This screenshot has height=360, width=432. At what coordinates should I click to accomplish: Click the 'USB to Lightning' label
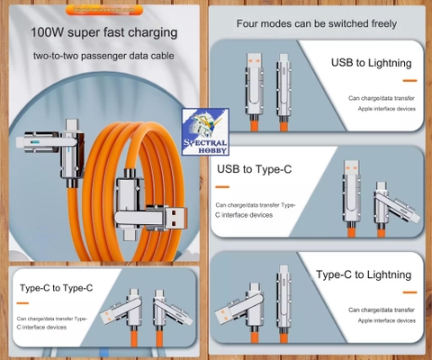tap(371, 63)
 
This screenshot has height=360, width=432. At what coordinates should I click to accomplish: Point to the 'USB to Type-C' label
tap(255, 169)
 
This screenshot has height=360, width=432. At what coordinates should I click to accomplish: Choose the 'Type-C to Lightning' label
tap(364, 274)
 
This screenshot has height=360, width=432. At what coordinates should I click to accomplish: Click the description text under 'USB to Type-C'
tap(255, 211)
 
